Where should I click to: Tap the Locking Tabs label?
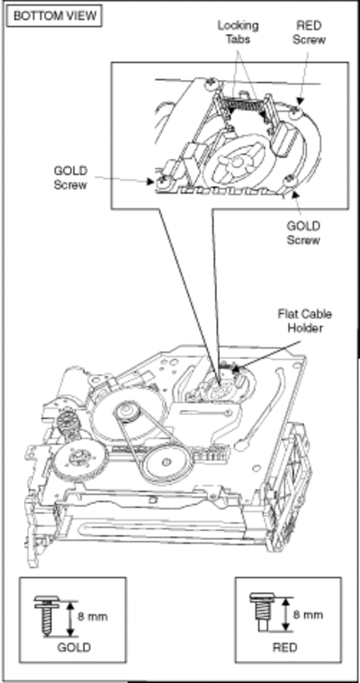pyautogui.click(x=238, y=32)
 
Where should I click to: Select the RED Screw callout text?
pyautogui.click(x=309, y=32)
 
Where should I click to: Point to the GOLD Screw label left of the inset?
pyautogui.click(x=70, y=177)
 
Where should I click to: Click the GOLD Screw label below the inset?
pyautogui.click(x=303, y=232)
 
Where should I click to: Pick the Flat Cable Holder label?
pyautogui.click(x=304, y=320)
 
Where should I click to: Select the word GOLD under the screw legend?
pyautogui.click(x=74, y=647)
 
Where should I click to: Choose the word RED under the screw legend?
pyautogui.click(x=285, y=647)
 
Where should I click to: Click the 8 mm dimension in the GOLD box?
pyautogui.click(x=92, y=616)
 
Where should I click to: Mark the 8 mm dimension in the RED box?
pyautogui.click(x=308, y=615)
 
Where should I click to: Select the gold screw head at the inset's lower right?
pyautogui.click(x=289, y=179)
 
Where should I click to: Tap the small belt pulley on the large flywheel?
pyautogui.click(x=129, y=412)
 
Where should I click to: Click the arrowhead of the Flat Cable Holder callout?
pyautogui.click(x=237, y=369)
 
